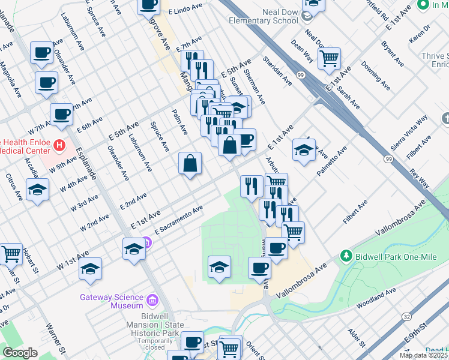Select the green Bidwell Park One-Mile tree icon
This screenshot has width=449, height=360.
(x=346, y=256)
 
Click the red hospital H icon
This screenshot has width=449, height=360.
(x=59, y=145)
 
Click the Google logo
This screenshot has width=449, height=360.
(x=20, y=353)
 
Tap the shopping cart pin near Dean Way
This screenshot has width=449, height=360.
(x=329, y=59)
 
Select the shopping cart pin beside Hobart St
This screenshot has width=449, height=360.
(x=11, y=254)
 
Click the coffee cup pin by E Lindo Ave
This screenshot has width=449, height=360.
(x=149, y=5)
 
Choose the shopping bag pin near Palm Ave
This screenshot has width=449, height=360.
(x=190, y=164)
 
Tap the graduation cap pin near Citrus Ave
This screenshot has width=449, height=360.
(x=38, y=190)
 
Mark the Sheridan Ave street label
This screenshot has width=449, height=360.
(x=273, y=71)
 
